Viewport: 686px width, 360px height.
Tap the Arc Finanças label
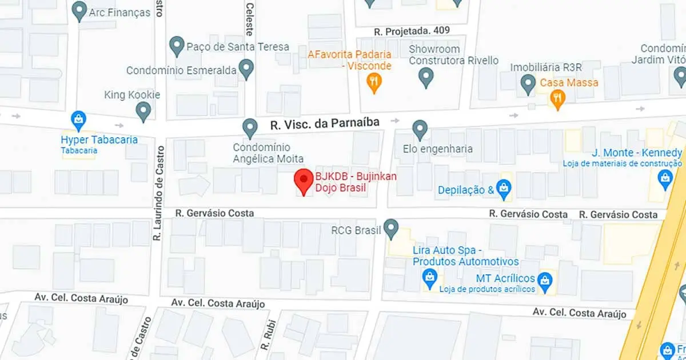click(x=119, y=12)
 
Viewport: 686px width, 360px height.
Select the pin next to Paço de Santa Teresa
click(x=177, y=45)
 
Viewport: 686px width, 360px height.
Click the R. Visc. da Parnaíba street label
click(x=325, y=123)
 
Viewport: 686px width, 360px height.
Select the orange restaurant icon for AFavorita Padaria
click(x=374, y=83)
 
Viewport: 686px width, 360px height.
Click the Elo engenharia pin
click(x=420, y=129)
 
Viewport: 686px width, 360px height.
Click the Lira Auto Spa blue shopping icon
click(x=429, y=278)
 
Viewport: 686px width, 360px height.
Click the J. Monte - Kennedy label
click(x=637, y=153)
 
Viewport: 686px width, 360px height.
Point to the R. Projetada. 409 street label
click(x=412, y=30)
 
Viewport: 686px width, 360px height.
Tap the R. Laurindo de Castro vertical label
click(x=158, y=191)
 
